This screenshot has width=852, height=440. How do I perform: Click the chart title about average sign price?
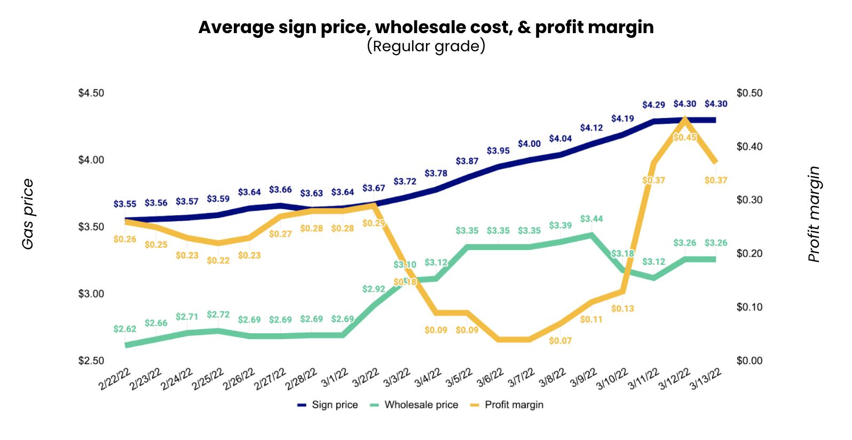pos(425,27)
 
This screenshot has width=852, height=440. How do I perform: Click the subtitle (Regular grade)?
pos(425,46)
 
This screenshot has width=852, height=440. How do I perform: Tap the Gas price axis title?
pos(28,214)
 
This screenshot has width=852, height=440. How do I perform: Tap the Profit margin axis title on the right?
pos(814,214)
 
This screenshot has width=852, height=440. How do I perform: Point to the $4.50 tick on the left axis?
pos(91,93)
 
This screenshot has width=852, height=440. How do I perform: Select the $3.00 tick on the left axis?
pos(91,294)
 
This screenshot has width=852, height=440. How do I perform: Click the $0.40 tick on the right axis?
pos(750,146)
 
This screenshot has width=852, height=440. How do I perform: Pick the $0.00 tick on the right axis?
pos(750,361)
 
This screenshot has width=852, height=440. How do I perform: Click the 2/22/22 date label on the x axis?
pos(115,379)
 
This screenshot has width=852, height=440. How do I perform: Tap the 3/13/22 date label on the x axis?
pos(706,379)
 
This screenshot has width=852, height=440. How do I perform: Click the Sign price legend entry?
pos(328,405)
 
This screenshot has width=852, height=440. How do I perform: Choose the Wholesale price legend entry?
pos(414,405)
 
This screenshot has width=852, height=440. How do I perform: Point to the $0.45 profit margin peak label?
pos(684,137)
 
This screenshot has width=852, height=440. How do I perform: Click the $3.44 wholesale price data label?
pos(591,219)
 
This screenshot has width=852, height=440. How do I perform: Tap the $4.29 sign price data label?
pos(653,105)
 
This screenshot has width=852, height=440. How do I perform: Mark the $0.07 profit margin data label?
pos(560,341)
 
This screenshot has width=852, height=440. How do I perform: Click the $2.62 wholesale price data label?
pos(125,329)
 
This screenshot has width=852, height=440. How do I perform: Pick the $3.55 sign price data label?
pos(125,204)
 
